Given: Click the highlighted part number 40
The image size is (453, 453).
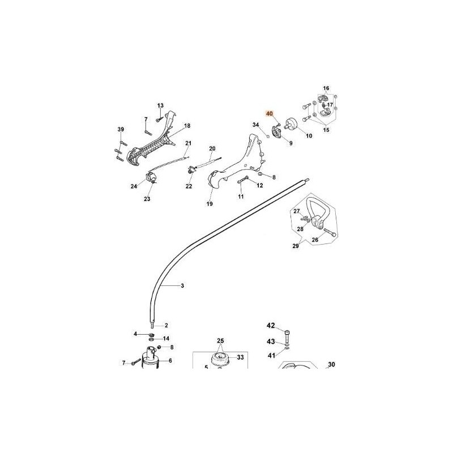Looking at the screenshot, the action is tap(270, 114).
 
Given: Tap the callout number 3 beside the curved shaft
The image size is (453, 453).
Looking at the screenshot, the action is tap(182, 286).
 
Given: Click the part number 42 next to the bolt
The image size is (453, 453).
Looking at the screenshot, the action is tap(271, 326).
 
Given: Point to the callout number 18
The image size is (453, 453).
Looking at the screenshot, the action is tap(187, 126).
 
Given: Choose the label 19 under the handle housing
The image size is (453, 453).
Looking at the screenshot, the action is tap(210, 204).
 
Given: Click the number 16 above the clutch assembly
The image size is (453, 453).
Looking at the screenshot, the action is tap(326, 88).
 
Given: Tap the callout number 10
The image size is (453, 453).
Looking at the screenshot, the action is tap(309, 136).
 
